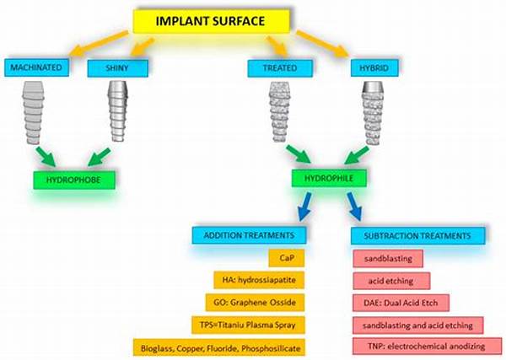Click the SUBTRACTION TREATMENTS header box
coord(417,235)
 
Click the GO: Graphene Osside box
coord(257,301)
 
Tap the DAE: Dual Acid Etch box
coord(392,301)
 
